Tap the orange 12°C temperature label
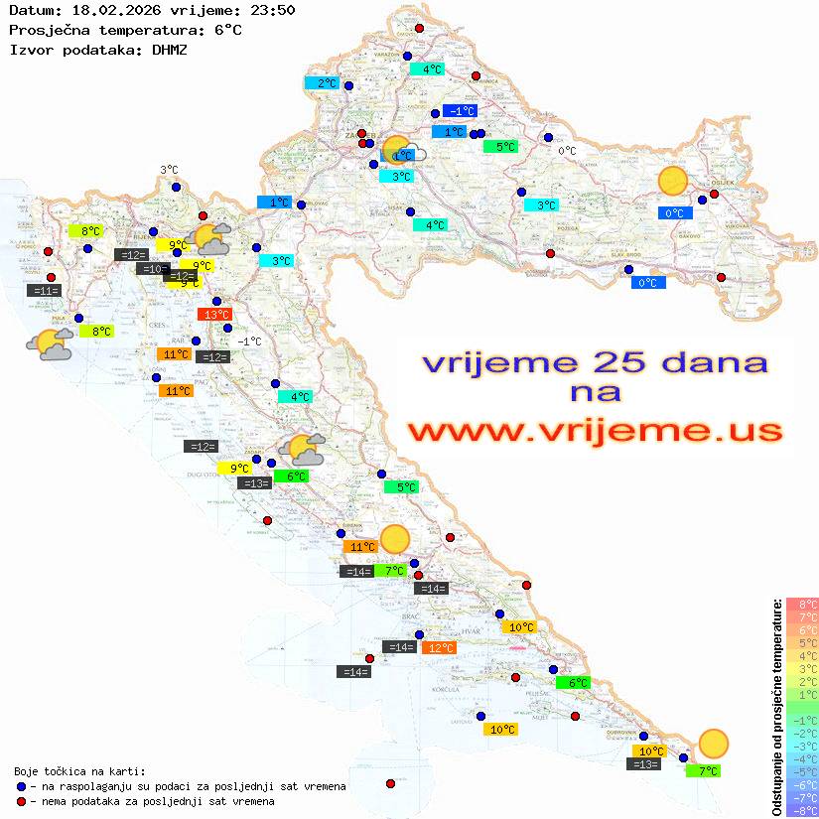(x=439, y=648)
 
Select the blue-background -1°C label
(x=460, y=111)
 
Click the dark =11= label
(x=46, y=291)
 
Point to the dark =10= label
(x=152, y=269)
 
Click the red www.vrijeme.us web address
(x=594, y=431)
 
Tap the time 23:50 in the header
(x=270, y=10)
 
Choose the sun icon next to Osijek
(x=673, y=181)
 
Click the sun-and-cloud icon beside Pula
(x=50, y=344)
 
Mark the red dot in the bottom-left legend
(x=21, y=801)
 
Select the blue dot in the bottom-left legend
(x=21, y=786)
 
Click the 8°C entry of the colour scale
(x=801, y=604)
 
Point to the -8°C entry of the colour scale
(x=801, y=811)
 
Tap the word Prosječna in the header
(x=51, y=30)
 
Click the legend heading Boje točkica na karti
(x=79, y=771)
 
